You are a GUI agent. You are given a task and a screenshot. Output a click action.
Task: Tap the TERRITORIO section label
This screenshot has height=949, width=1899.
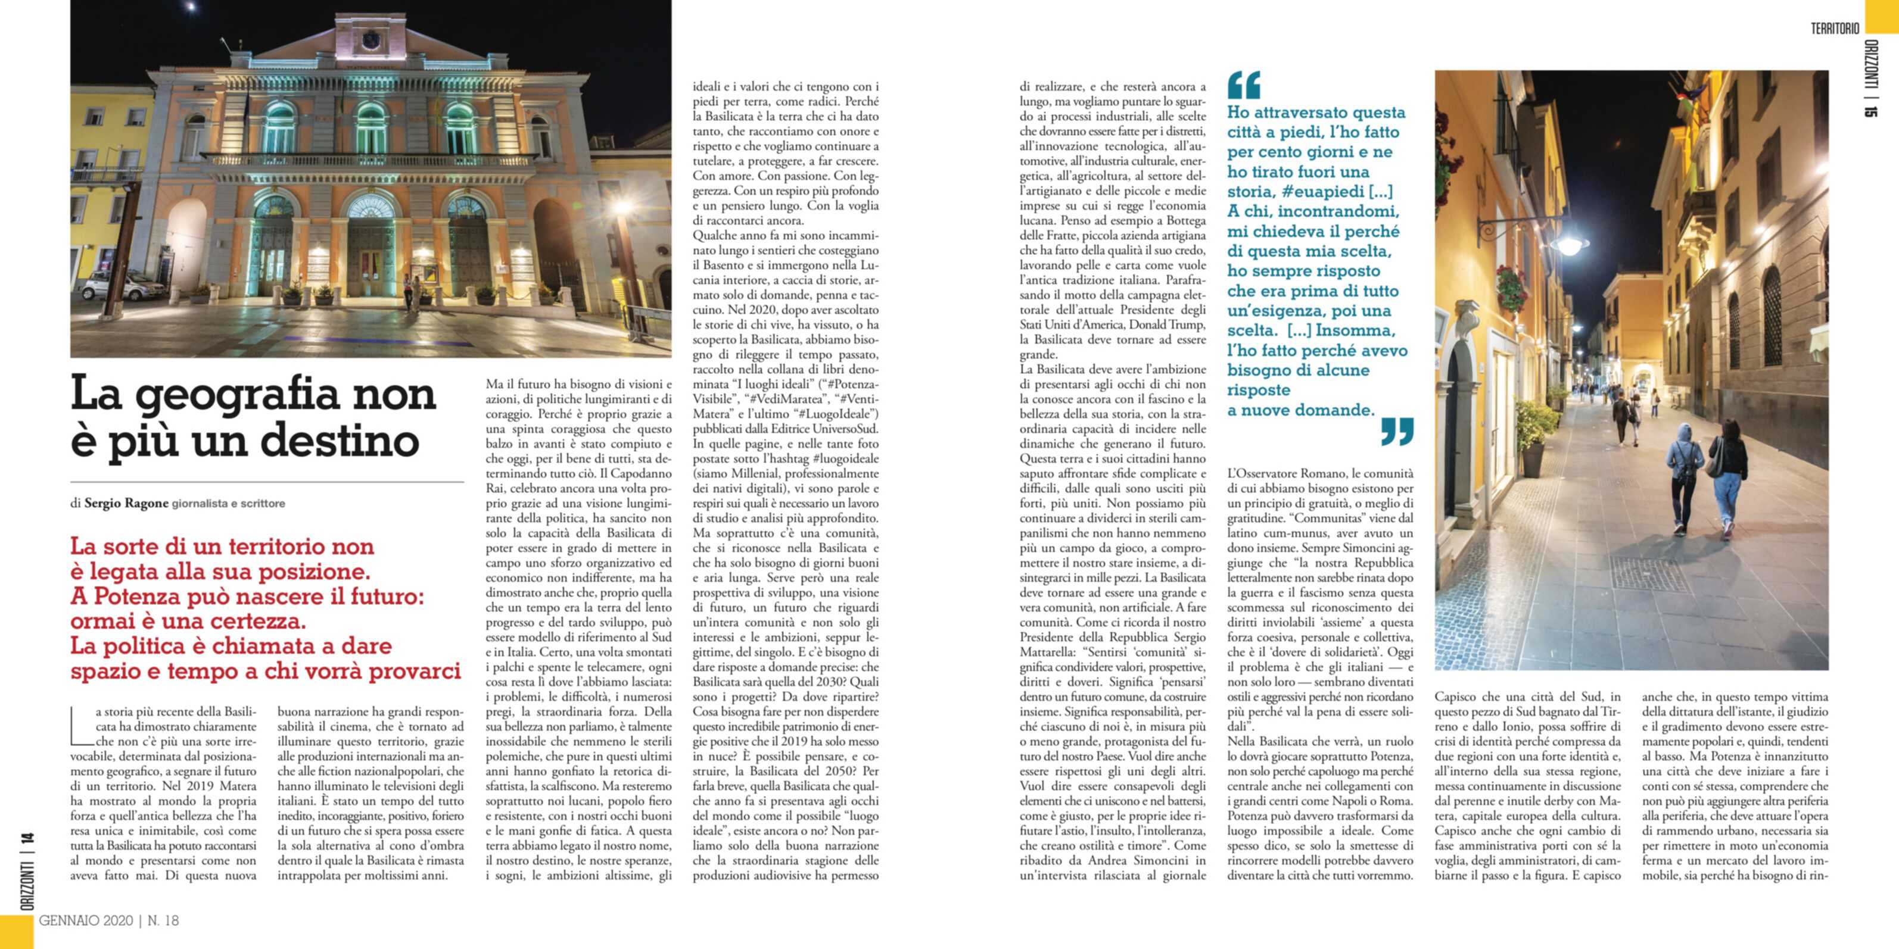1835,29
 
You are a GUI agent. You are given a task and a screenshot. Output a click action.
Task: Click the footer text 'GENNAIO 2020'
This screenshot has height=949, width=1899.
86,920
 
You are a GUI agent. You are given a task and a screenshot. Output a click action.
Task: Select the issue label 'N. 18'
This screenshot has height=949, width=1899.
163,920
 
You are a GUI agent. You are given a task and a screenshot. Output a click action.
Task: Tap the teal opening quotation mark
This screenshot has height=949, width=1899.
1244,85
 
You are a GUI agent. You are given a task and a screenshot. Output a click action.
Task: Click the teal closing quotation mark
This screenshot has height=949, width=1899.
1396,432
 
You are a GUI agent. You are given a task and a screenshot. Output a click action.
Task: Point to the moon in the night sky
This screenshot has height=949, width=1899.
192,7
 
